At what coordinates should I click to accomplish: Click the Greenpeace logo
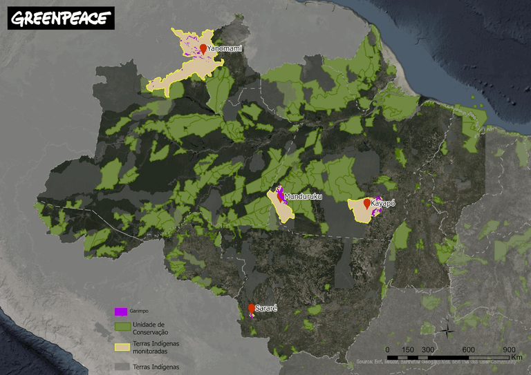point(61,18)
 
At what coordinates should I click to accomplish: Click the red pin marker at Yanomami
point(203,48)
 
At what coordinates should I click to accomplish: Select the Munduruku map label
point(304,197)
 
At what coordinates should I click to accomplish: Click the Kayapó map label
point(386,204)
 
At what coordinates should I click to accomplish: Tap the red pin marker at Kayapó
point(366,204)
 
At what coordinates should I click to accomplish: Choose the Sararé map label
point(266,307)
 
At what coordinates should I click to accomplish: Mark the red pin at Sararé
point(251,307)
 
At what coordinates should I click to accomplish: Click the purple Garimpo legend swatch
point(121,311)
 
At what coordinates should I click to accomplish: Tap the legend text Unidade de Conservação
point(150,328)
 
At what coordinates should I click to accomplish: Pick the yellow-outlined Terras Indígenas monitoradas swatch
point(121,347)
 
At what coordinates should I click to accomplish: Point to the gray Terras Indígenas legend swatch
point(121,366)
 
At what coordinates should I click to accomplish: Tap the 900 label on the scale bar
point(509,349)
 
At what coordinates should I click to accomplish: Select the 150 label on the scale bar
point(408,349)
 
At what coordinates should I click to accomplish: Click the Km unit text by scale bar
point(517,358)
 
